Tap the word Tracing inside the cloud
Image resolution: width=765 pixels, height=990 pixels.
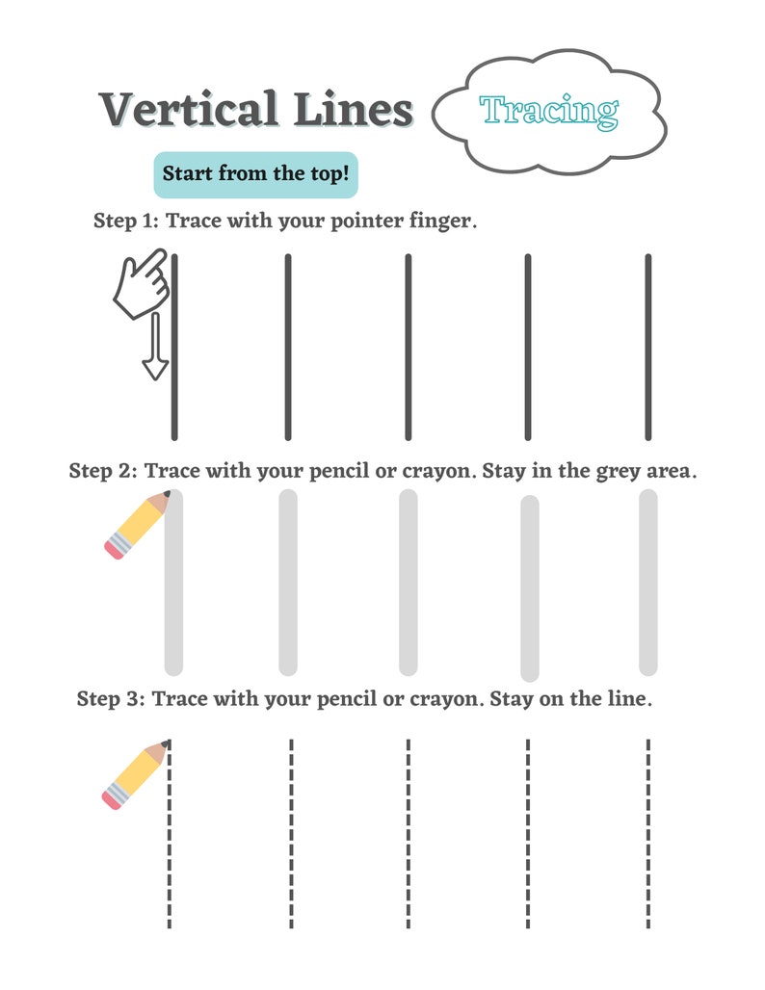tap(548, 112)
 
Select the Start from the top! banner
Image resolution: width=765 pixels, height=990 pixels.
tap(255, 174)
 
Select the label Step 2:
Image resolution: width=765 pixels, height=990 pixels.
tap(103, 472)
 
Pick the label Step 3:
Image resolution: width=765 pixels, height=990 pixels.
tap(111, 699)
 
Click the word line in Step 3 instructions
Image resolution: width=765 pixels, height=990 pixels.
tap(629, 699)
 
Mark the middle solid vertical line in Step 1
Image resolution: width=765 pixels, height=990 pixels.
tap(408, 347)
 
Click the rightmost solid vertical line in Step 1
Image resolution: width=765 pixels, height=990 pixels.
tap(647, 347)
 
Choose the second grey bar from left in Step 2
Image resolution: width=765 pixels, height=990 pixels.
tap(288, 582)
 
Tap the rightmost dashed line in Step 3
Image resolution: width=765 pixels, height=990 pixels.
tap(647, 833)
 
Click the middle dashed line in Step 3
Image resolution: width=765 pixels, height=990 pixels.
tap(408, 833)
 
